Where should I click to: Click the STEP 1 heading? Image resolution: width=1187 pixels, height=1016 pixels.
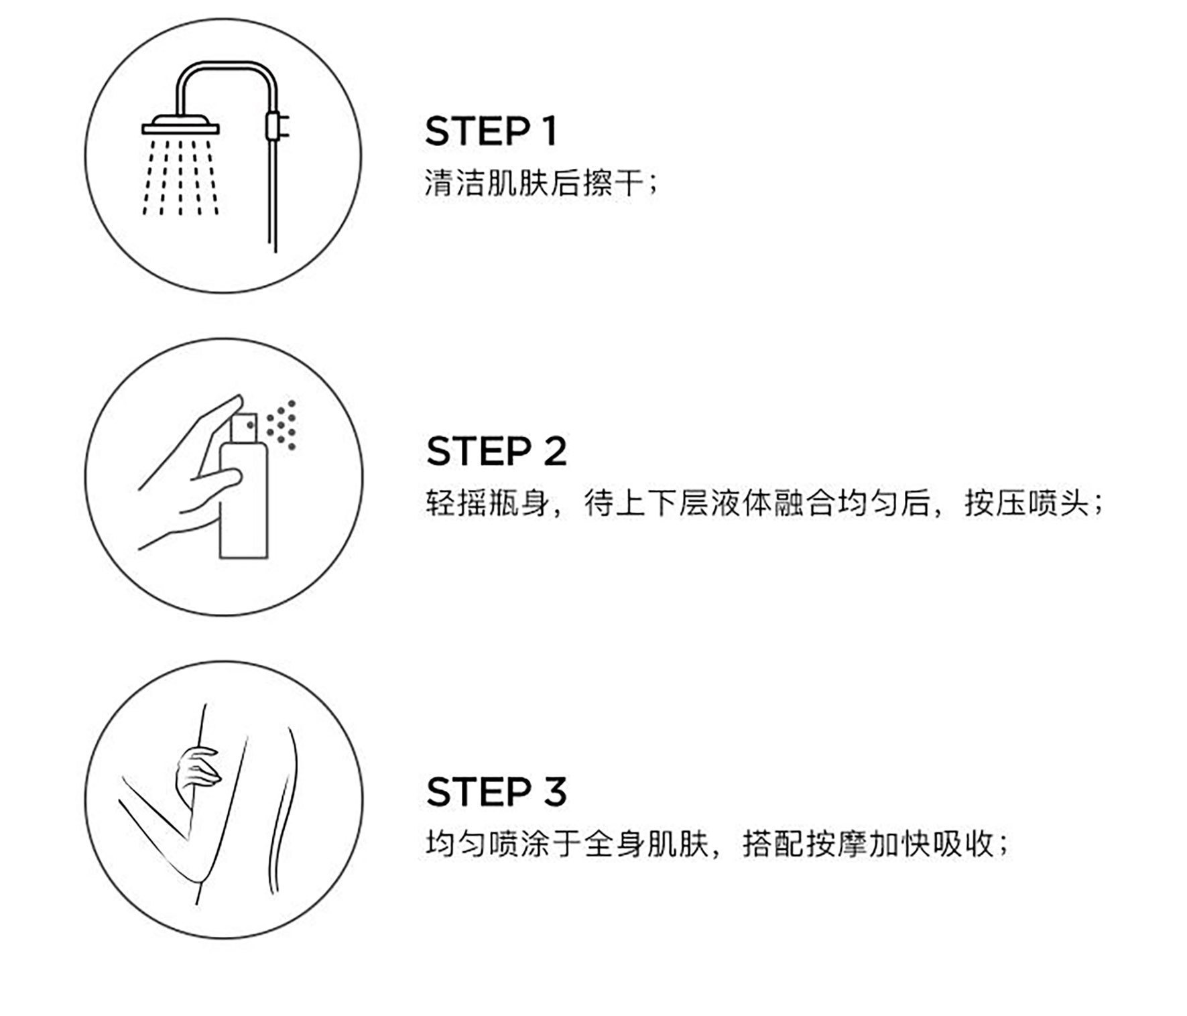point(491,131)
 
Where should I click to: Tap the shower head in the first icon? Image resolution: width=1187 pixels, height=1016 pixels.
point(181,125)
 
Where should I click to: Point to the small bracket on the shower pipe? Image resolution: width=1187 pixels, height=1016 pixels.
point(273,125)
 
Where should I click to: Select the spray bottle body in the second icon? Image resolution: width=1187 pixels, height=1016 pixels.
point(244,496)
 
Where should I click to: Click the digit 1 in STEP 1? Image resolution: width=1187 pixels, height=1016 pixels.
point(550,131)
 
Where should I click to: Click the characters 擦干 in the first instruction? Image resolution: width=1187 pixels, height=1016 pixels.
point(614,183)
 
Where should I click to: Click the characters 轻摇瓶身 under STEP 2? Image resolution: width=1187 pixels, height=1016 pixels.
point(487,503)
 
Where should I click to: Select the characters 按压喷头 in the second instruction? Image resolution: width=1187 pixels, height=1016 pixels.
point(1026,503)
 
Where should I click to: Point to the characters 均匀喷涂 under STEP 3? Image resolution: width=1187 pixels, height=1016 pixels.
point(487,844)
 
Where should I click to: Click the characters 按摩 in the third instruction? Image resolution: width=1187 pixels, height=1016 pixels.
point(836,844)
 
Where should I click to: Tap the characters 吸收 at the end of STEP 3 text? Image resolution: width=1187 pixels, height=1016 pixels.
point(962,844)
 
